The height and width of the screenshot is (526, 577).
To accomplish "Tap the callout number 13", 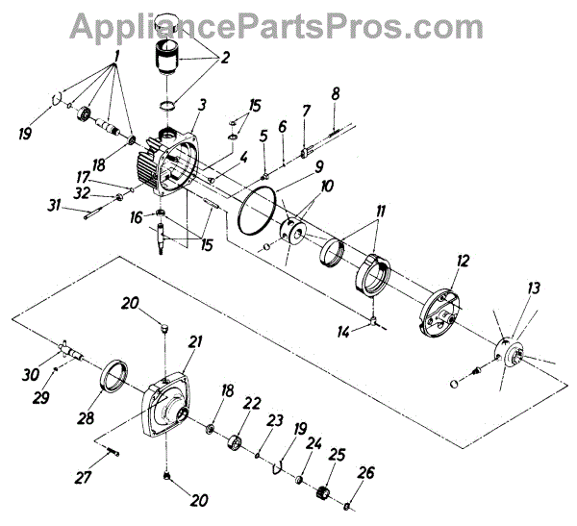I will point(534,288).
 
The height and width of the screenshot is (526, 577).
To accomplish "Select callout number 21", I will point(196,341).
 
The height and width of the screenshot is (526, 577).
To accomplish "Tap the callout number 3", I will point(202,105).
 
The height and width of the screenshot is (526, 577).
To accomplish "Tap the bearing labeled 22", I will point(235,442).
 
